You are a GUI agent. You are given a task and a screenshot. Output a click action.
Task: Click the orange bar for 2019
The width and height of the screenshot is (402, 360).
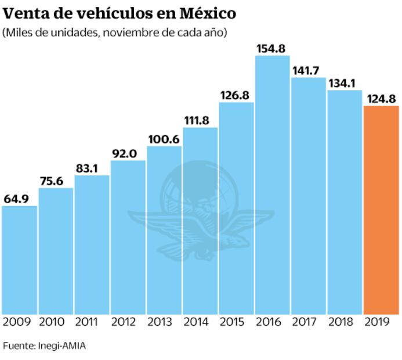click(381, 210)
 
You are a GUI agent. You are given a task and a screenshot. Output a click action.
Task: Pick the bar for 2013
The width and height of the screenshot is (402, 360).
click(164, 230)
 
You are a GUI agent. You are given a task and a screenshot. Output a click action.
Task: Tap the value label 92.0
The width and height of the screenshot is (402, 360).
click(128, 154)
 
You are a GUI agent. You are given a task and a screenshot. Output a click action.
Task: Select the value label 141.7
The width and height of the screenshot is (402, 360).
click(308, 71)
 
